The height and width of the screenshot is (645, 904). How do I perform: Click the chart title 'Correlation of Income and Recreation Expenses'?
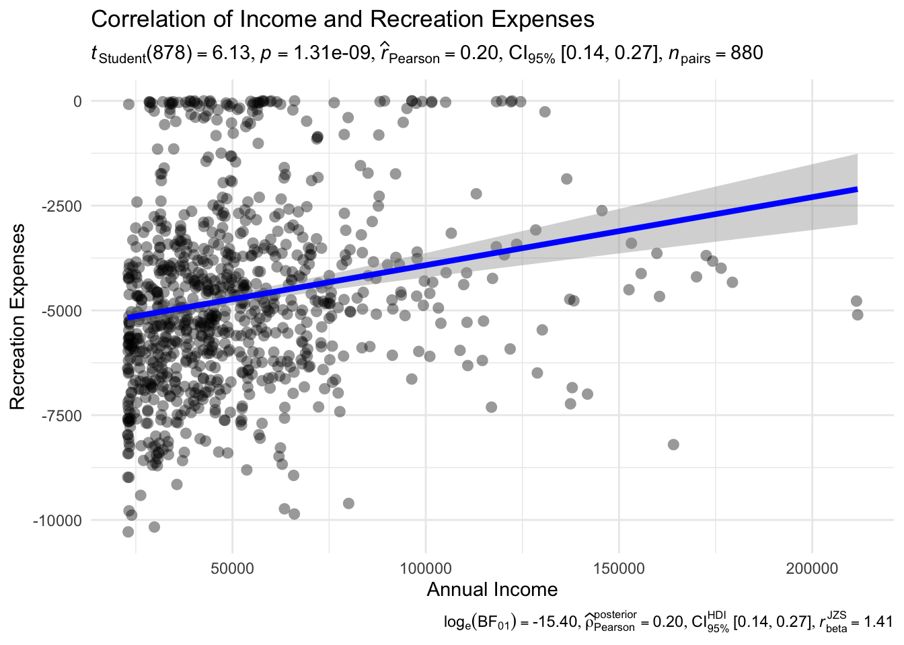point(342,19)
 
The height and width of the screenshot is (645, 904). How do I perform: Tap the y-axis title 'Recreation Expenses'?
point(18,316)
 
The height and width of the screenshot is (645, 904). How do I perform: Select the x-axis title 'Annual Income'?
point(492,590)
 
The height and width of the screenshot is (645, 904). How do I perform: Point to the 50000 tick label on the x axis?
point(233,569)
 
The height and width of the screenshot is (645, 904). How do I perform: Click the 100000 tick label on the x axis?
point(426,569)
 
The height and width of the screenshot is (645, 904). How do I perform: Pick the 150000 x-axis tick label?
point(619,569)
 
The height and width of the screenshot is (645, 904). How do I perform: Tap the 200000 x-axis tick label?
point(812,569)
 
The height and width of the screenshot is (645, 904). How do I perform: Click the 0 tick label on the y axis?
point(77,101)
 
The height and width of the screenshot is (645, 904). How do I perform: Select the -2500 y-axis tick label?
point(63,206)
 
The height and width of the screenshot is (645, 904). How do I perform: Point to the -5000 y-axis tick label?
point(63,311)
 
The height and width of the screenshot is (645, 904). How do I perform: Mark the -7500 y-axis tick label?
point(63,416)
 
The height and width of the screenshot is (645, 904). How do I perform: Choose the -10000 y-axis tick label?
point(59,521)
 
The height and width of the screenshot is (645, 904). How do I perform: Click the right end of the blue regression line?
point(856,189)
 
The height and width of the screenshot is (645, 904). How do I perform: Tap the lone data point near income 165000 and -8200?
point(673,445)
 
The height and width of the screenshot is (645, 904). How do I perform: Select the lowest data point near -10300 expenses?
point(128,532)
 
